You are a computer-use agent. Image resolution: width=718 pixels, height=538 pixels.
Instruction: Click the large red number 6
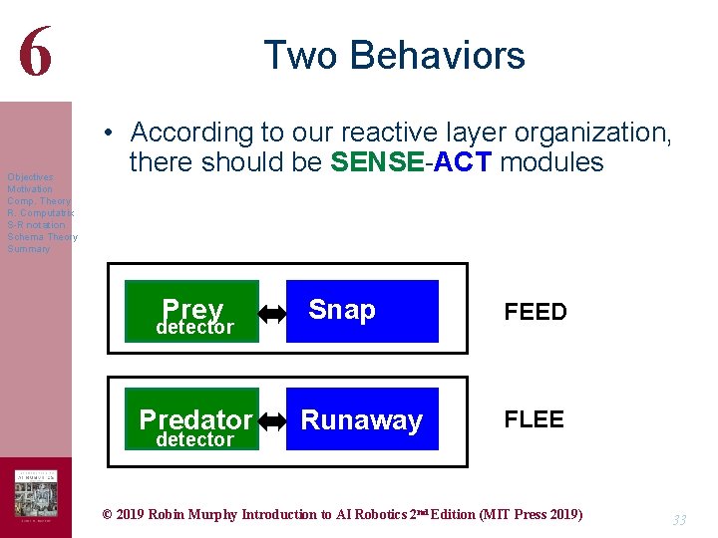pos(35,50)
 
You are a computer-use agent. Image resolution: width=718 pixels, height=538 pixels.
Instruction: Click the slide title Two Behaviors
pos(394,55)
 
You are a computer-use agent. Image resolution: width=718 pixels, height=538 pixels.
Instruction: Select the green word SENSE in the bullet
pos(377,162)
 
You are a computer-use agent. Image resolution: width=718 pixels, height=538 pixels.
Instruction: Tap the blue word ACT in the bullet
pos(463,162)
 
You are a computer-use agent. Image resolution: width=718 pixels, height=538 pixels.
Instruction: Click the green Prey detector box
pos(191,311)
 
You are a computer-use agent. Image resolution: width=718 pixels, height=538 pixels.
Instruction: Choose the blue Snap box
pos(361,311)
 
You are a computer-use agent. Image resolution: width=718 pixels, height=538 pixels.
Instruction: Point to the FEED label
pos(535,313)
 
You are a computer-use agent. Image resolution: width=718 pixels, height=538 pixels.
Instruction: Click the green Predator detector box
pos(191,419)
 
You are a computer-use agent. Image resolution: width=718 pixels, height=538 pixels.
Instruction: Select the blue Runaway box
pos(361,419)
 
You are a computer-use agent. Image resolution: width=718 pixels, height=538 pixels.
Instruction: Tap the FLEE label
pos(534,419)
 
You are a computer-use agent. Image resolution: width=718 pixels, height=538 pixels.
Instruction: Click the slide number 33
pos(678,520)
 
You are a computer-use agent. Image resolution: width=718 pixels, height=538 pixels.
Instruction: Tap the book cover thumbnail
pos(35,494)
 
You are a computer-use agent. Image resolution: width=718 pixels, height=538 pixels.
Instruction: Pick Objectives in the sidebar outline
pos(31,177)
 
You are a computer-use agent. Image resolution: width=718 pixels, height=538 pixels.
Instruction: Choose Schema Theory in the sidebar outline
pos(42,237)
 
